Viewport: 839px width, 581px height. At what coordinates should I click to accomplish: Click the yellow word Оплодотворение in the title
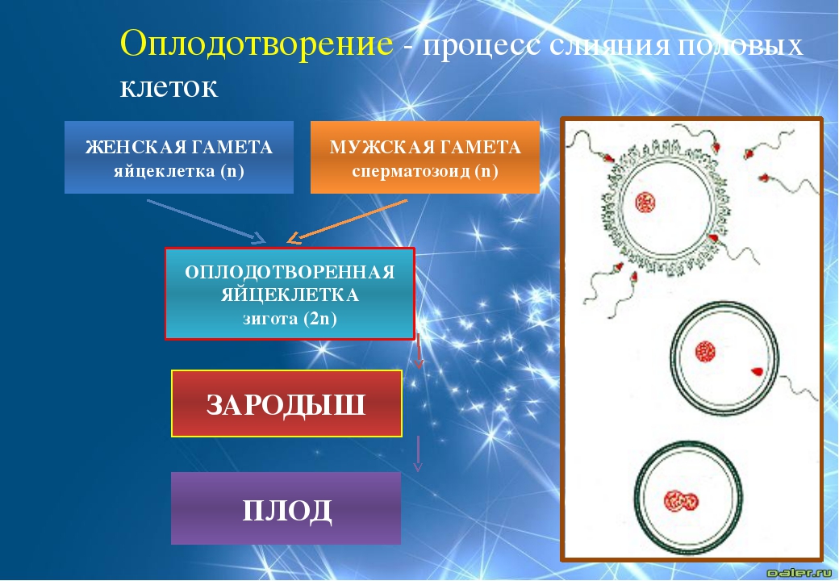[257, 44]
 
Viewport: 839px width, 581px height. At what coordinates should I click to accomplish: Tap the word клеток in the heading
[169, 86]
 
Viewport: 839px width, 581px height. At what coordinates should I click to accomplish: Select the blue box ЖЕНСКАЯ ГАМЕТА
[179, 157]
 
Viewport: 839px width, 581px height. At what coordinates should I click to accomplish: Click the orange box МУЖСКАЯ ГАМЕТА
[425, 157]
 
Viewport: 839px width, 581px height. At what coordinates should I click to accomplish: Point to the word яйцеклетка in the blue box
[164, 171]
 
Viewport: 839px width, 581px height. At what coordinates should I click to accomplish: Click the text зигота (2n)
[290, 319]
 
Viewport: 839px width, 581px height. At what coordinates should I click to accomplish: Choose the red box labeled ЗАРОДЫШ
[286, 404]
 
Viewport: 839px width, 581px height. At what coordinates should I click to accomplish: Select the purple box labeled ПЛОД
[286, 508]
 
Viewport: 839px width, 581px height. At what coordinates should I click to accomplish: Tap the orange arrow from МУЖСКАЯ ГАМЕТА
[347, 221]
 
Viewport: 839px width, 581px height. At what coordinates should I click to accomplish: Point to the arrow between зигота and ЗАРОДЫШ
[419, 351]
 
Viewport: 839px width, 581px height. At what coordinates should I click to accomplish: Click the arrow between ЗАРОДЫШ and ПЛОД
[418, 454]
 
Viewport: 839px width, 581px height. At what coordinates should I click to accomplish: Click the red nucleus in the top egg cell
[645, 203]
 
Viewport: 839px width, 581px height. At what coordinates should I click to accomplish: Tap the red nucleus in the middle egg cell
[705, 352]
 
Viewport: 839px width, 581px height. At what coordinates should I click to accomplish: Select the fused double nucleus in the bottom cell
[681, 502]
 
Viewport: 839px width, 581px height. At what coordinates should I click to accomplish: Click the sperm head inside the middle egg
[758, 371]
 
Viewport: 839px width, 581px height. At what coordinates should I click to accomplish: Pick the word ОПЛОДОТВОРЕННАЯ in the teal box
[290, 272]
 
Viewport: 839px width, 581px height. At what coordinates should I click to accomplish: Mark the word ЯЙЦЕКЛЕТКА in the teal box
[290, 295]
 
